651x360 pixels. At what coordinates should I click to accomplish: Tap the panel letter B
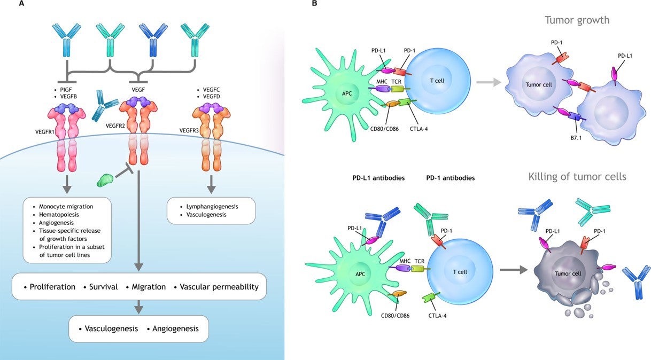point(315,4)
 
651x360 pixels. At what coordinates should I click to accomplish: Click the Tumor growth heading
point(577,20)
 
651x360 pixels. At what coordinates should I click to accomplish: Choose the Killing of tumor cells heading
point(577,177)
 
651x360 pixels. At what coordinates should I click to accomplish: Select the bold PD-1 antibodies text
point(450,177)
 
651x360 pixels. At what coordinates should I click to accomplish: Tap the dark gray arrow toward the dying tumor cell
point(512,270)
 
